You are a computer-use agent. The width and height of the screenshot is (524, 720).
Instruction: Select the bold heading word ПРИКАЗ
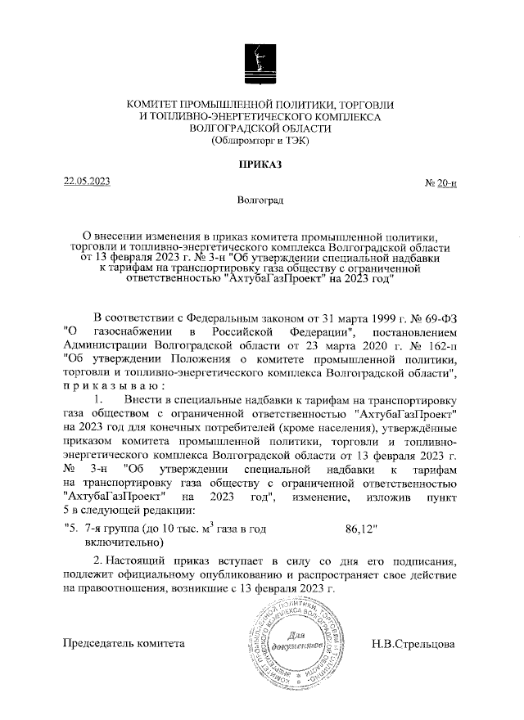(x=260, y=164)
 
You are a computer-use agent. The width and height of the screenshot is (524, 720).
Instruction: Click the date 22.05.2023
(x=87, y=182)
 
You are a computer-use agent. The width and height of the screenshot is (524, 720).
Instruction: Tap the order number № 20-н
(x=440, y=184)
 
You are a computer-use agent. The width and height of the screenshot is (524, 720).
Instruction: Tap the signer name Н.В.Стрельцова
(x=414, y=643)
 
